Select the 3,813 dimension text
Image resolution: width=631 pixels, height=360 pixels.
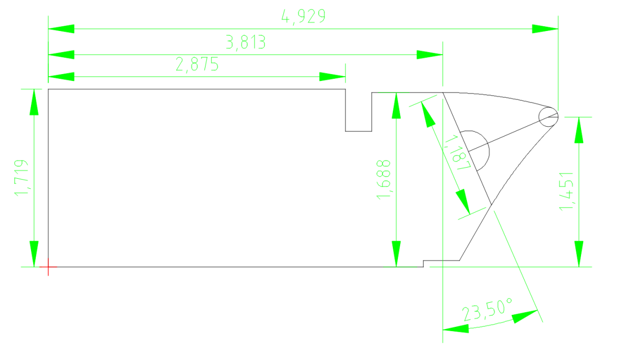click(x=246, y=42)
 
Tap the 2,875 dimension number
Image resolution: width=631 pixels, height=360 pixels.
click(x=197, y=65)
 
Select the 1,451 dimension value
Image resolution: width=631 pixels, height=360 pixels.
click(x=566, y=191)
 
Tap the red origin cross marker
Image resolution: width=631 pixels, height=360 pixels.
click(x=48, y=268)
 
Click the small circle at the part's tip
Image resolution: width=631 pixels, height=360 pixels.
click(x=548, y=117)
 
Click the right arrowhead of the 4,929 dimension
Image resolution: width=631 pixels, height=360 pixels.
click(x=545, y=28)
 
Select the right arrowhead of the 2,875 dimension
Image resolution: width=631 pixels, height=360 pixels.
click(x=332, y=77)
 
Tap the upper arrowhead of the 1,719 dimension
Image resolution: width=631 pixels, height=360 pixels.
click(x=34, y=102)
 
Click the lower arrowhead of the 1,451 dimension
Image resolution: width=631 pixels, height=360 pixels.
click(x=579, y=254)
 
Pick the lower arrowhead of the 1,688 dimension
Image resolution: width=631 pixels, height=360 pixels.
click(x=396, y=254)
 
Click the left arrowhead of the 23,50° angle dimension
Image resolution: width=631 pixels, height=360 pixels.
click(x=455, y=328)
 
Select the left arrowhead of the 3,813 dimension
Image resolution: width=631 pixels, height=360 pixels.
click(x=61, y=54)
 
